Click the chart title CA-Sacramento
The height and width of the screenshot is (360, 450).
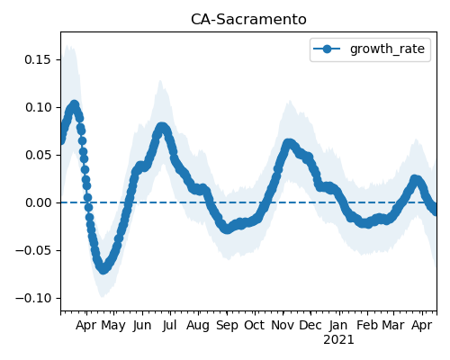pos(248,20)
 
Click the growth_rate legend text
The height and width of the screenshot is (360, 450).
pos(387,49)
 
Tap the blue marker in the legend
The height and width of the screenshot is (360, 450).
pos(327,49)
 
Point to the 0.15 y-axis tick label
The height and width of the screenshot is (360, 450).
pos(38,59)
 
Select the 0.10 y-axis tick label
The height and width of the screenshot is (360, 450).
pos(38,107)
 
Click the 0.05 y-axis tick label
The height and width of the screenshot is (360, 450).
pos(38,155)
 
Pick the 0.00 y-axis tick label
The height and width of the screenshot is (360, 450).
pos(38,202)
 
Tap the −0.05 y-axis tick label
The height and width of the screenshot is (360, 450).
pos(33,250)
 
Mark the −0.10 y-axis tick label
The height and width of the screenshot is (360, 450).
pos(33,298)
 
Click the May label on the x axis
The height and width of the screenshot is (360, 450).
pos(113,326)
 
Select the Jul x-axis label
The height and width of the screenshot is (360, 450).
pos(169,325)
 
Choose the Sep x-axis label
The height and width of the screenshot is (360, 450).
pos(227,326)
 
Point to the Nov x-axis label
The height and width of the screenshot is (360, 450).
pos(283,325)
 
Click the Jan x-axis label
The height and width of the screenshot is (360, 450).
pos(338,325)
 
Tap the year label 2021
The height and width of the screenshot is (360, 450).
pos(338,340)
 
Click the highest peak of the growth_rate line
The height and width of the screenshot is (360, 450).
pos(75,105)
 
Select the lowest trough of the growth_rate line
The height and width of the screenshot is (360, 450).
pos(103,269)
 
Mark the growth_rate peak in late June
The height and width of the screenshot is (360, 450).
pos(162,127)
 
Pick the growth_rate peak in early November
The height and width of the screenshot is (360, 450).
pos(289,143)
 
